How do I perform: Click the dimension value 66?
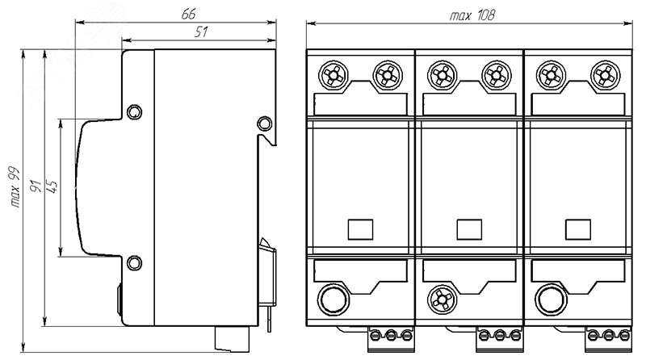188,14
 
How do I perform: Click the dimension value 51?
201,31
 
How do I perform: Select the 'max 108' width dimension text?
472,15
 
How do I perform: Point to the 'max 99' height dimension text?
15,186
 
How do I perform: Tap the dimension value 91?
36,186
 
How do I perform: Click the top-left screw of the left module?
333,75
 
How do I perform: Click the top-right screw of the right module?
605,75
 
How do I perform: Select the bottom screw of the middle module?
442,299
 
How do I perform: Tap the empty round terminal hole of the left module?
333,299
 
